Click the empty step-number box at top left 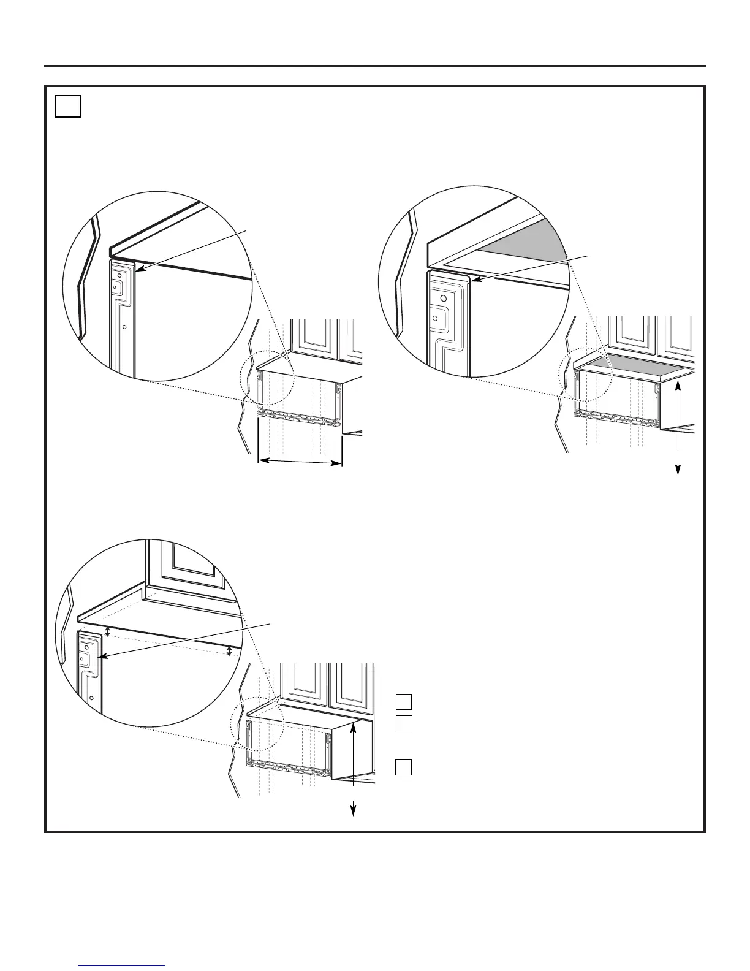[x=68, y=106]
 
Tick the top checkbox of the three [x=403, y=701]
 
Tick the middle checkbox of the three [x=403, y=723]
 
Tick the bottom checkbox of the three [x=403, y=767]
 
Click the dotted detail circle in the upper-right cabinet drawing [x=587, y=375]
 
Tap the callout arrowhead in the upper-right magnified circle [x=474, y=281]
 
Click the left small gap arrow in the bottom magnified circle [x=108, y=631]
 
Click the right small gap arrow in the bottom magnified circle [x=230, y=650]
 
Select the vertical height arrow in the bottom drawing [x=354, y=766]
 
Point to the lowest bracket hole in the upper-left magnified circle [x=124, y=327]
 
